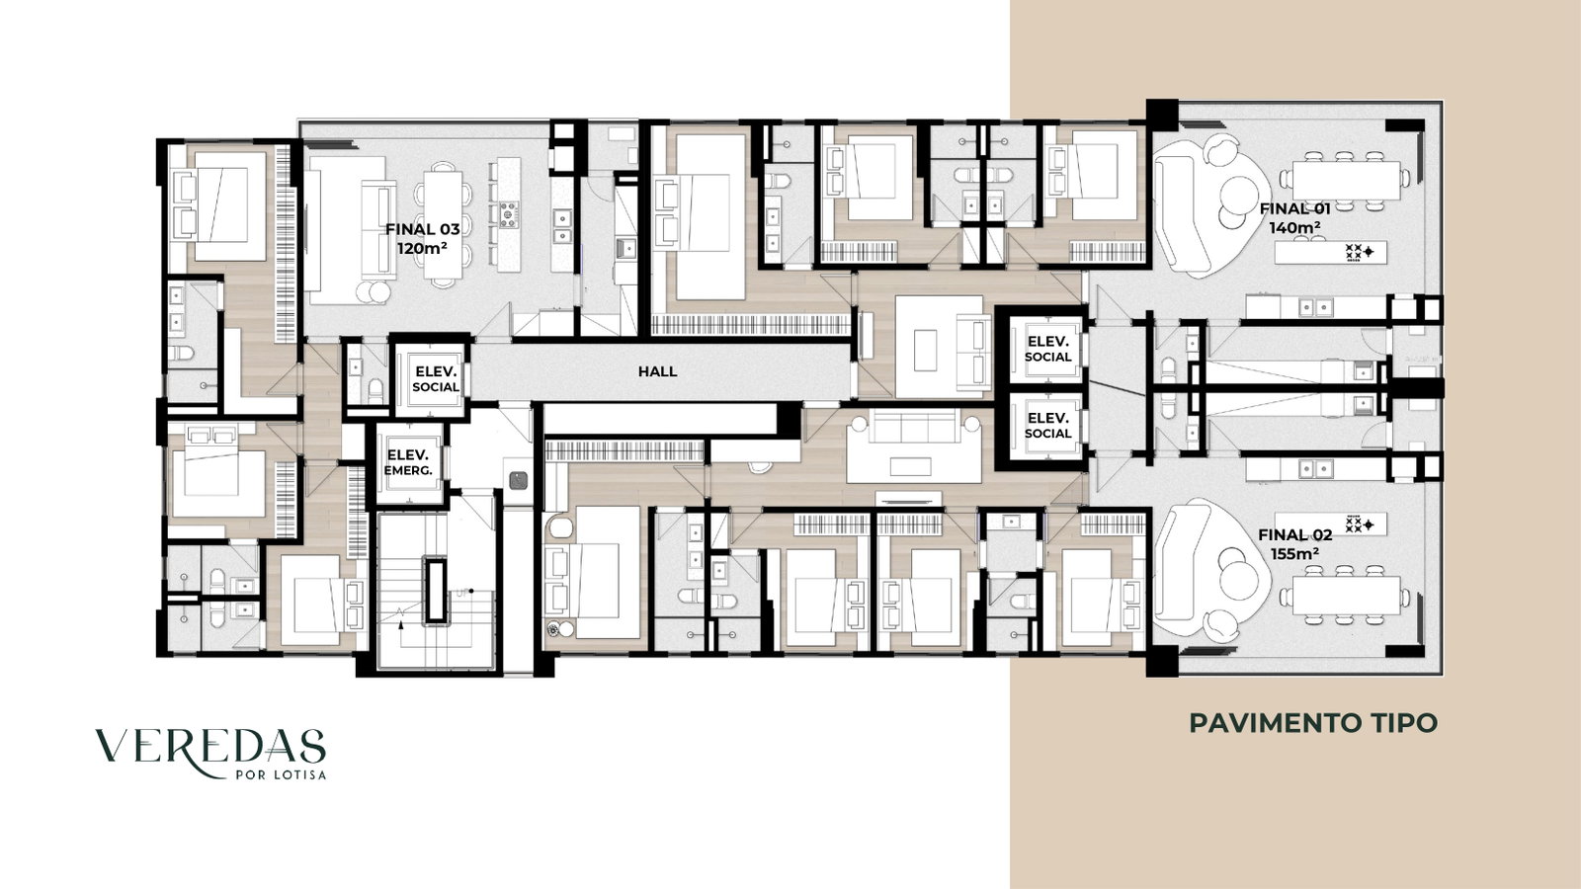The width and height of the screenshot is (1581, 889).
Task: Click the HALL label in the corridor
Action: (658, 371)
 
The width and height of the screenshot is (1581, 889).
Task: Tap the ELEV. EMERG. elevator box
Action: (409, 463)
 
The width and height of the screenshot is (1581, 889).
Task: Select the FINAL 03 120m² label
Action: (422, 238)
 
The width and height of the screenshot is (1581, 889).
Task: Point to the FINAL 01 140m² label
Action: (1295, 218)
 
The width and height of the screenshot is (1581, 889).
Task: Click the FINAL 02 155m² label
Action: (1295, 544)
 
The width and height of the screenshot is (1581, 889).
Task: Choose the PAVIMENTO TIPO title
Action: (1313, 723)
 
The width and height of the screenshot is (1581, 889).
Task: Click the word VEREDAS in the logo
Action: (210, 747)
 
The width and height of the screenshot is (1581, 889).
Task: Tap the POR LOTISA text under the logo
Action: (281, 774)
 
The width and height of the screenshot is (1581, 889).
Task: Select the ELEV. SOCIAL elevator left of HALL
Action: (435, 379)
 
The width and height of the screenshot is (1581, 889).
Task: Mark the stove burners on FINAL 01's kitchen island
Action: (1359, 252)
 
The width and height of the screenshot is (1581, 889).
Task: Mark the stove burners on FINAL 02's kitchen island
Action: (1359, 525)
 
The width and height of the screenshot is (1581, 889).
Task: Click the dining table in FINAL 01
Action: (1346, 181)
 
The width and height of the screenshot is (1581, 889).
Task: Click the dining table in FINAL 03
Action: (444, 224)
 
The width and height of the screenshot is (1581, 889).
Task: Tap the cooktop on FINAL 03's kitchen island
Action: (509, 214)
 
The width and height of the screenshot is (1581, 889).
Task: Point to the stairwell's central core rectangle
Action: (435, 591)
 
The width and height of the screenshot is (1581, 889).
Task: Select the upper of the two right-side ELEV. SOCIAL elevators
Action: (1048, 350)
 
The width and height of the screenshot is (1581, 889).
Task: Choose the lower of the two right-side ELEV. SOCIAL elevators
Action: (1048, 426)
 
